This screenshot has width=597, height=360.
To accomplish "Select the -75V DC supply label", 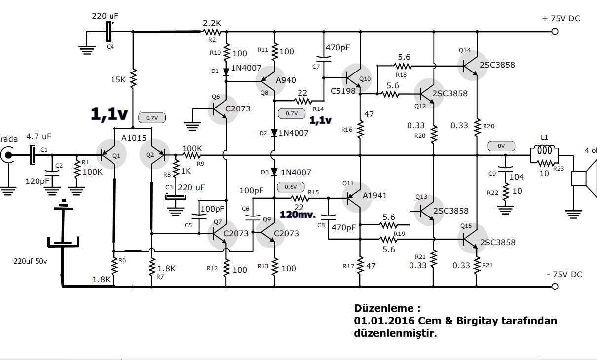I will tap(564, 274).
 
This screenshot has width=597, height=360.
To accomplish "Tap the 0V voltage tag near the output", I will tap(501, 146).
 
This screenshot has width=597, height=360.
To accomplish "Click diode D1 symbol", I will tap(226, 72).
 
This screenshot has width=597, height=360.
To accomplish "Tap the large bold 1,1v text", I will tap(109, 114).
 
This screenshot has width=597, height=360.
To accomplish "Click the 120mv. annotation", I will tap(298, 215).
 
